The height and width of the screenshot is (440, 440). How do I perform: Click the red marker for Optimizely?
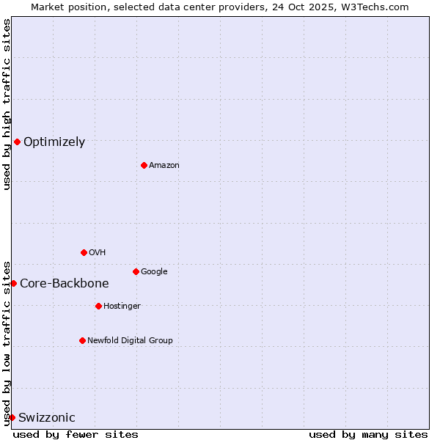click(x=17, y=142)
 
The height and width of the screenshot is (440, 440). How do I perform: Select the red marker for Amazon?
click(x=144, y=165)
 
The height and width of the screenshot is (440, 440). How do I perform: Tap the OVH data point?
click(x=84, y=252)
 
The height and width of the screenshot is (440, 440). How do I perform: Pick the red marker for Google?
click(x=136, y=271)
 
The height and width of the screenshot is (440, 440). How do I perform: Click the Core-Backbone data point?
click(x=13, y=283)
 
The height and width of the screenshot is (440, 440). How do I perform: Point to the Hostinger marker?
click(x=98, y=306)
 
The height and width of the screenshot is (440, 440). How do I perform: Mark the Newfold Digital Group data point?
click(x=82, y=340)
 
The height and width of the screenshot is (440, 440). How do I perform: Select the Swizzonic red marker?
click(x=12, y=417)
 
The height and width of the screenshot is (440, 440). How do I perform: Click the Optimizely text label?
click(x=54, y=142)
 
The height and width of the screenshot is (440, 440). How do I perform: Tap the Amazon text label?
click(x=164, y=166)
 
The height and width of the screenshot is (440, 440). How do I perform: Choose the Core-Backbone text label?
click(x=65, y=284)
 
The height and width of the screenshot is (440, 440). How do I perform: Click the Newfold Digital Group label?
click(x=130, y=340)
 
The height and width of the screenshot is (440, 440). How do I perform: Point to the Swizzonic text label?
click(x=47, y=418)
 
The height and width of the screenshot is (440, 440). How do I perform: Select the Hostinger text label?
click(x=122, y=307)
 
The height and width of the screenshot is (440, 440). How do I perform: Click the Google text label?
click(x=154, y=272)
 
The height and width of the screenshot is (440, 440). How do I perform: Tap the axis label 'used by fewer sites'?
click(x=76, y=434)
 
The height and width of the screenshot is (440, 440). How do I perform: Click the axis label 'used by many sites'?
click(x=368, y=434)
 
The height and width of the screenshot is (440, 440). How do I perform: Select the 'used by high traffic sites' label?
click(x=7, y=104)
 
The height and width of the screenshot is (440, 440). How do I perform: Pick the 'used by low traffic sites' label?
click(x=7, y=342)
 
